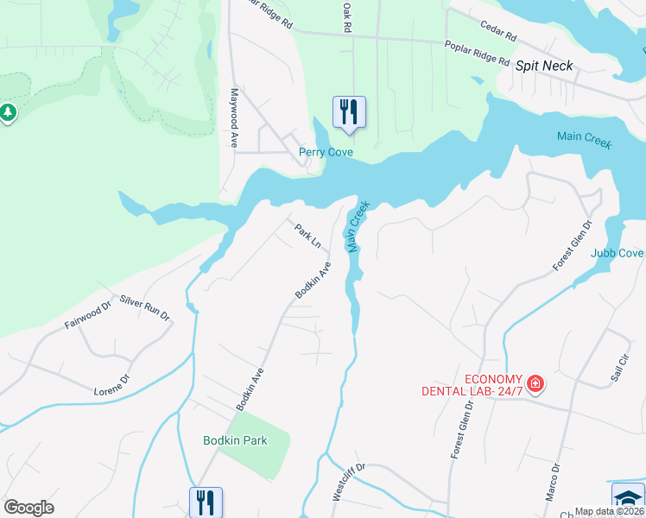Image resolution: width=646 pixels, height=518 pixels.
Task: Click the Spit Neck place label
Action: point(544,66)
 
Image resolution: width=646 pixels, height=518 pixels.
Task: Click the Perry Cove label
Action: point(326,153)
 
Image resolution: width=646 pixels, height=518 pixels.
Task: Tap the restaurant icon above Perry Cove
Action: point(349,112)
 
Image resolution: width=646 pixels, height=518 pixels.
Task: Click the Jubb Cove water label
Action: point(617,253)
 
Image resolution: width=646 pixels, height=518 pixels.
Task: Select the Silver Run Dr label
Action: point(145,308)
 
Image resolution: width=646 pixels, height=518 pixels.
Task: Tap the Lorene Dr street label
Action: point(111,385)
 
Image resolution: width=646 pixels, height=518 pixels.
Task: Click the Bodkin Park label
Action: point(235,440)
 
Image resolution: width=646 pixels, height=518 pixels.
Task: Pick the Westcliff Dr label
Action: point(349,483)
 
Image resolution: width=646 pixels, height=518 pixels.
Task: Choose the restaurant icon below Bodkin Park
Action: point(206,501)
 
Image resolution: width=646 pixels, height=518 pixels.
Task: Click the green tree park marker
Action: point(8,112)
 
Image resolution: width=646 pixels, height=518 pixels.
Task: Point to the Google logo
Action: point(28,508)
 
